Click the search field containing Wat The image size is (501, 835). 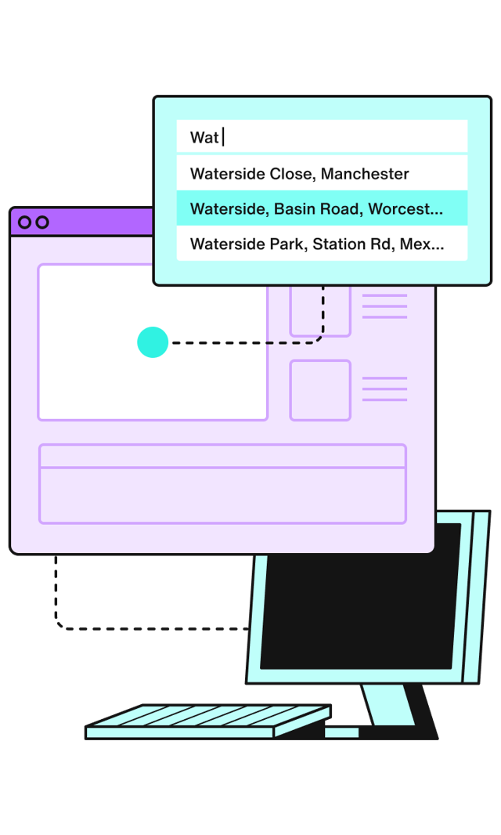321,137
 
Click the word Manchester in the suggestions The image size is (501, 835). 365,173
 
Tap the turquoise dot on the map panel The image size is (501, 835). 153,342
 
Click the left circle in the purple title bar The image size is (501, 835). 25,222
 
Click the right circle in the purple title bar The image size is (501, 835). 42,222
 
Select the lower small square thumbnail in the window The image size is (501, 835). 320,390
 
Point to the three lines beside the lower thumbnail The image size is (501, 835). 384,389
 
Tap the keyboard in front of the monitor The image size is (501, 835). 207,721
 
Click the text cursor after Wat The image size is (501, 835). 223,137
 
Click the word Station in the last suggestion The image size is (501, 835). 339,244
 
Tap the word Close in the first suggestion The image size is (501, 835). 291,173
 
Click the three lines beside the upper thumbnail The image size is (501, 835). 384,306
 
